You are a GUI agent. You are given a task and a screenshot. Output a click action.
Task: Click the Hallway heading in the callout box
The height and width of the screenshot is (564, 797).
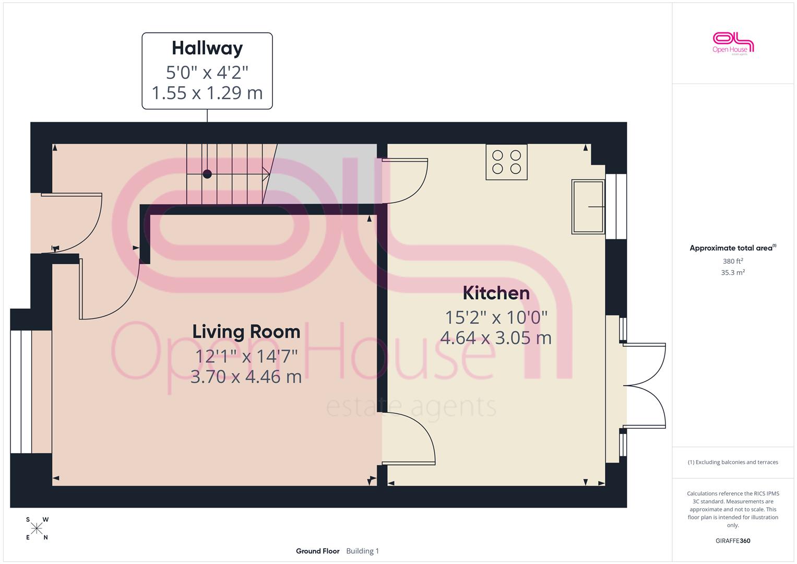pos(207,49)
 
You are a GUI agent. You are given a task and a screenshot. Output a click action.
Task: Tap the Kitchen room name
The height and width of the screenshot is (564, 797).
pos(496,293)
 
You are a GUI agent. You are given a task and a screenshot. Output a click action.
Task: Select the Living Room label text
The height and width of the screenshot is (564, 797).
pos(246,332)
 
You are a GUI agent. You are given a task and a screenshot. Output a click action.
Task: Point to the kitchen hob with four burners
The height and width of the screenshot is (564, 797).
pos(506,162)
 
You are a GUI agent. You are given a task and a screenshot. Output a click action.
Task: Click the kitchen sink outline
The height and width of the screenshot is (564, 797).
pos(588,206)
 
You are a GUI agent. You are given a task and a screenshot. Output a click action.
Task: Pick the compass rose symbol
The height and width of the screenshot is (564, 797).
pos(37,528)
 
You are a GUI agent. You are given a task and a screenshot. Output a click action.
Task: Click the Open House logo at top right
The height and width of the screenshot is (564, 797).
pos(733,43)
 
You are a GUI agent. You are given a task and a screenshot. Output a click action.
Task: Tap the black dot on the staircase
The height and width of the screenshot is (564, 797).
pos(207,174)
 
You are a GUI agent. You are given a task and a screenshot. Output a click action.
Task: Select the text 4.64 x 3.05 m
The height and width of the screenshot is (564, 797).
pos(496,338)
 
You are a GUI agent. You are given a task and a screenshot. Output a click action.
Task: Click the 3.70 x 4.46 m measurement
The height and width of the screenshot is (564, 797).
pos(246,377)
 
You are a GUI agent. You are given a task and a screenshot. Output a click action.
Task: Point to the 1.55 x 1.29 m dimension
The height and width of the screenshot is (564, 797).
pos(207,93)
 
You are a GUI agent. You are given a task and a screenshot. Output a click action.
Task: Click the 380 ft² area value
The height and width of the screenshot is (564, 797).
pos(733,261)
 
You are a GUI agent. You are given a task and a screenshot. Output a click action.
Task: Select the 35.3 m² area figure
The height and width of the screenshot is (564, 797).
pos(733,273)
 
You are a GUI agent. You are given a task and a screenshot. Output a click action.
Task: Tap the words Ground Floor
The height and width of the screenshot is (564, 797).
pos(317,551)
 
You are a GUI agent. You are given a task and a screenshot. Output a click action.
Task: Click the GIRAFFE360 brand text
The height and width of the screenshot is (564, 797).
pos(733,540)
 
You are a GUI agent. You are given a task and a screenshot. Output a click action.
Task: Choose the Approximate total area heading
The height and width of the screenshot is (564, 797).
pos(733,248)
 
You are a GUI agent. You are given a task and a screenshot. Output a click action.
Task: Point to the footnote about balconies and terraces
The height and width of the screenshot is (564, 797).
pos(733,462)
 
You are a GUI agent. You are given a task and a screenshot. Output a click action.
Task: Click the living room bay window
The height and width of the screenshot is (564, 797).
pos(21,392)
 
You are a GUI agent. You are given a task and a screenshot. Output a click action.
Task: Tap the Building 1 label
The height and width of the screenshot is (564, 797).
pos(363,551)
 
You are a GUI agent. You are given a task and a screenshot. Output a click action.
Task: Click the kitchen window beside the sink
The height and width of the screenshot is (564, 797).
pos(616,206)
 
